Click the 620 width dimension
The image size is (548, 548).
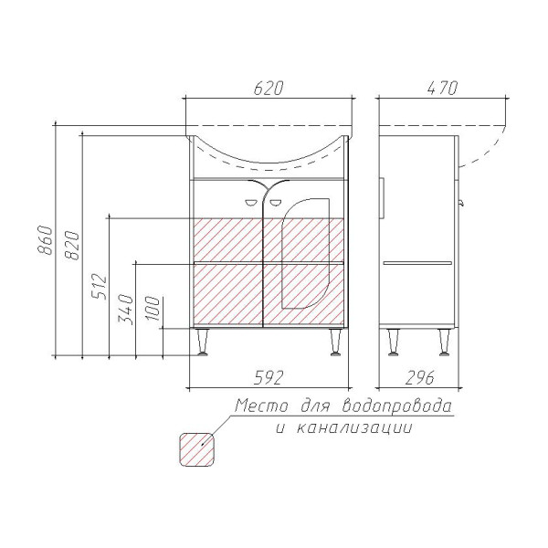click(268, 88)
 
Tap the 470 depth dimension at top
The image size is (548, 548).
click(442, 88)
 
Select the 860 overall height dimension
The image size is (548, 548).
click(46, 239)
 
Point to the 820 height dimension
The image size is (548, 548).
click(72, 245)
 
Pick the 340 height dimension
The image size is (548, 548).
click(126, 310)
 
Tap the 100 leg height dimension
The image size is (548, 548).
click(153, 309)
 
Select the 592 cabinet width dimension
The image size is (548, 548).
click(269, 377)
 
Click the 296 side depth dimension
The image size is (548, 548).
click(420, 377)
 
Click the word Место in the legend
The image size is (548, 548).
click(262, 406)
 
